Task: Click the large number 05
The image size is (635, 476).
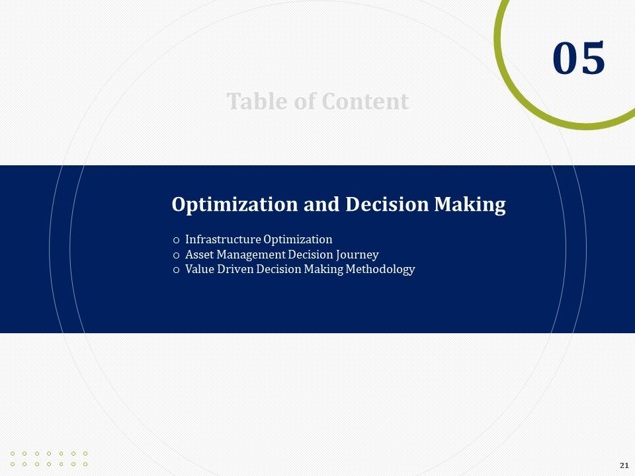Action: tap(579, 58)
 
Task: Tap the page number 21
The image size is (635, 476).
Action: tap(624, 465)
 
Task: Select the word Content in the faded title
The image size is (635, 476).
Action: tap(365, 102)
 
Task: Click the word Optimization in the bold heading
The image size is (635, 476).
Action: tap(235, 204)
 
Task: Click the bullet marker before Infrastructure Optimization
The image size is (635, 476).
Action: tap(176, 240)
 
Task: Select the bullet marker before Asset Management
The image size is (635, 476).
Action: tap(176, 255)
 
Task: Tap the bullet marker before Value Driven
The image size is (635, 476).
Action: tap(176, 270)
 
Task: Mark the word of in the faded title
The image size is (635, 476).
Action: tap(308, 102)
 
